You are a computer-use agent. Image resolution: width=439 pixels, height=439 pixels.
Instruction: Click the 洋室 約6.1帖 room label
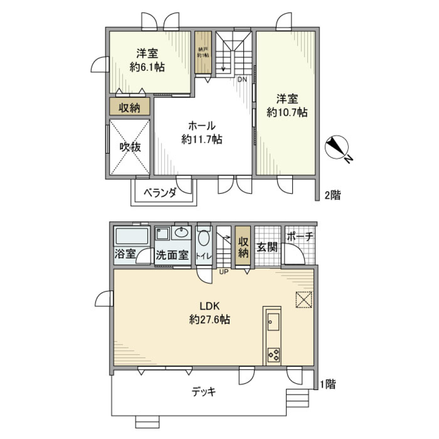tap(147, 60)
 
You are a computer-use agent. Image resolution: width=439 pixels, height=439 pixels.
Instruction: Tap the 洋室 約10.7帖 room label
tap(287, 106)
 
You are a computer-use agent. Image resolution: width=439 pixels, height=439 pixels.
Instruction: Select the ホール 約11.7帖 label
tap(202, 133)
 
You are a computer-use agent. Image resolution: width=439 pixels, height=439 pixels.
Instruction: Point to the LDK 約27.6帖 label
tap(209, 313)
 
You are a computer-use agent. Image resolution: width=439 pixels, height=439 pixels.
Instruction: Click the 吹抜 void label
tap(130, 147)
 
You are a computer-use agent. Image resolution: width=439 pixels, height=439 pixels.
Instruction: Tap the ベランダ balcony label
tap(160, 193)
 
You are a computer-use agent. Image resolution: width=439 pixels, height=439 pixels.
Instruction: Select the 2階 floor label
tap(332, 196)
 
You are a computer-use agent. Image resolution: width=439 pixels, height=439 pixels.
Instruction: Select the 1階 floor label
tap(327, 385)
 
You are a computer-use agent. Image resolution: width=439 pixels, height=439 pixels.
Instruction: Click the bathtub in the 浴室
tap(132, 236)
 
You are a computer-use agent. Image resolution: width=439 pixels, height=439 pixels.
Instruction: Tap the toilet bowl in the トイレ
tap(204, 240)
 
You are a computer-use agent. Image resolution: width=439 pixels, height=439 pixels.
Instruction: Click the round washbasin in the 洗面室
tap(182, 234)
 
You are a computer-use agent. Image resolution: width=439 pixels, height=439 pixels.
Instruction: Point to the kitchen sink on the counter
tap(273, 323)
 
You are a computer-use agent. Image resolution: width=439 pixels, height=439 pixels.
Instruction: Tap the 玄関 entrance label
tap(267, 247)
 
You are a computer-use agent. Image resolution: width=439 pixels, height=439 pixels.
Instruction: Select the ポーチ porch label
tap(300, 236)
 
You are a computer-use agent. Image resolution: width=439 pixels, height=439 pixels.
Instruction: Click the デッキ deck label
tap(203, 392)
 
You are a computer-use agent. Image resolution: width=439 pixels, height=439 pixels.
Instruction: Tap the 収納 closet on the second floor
tap(130, 108)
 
